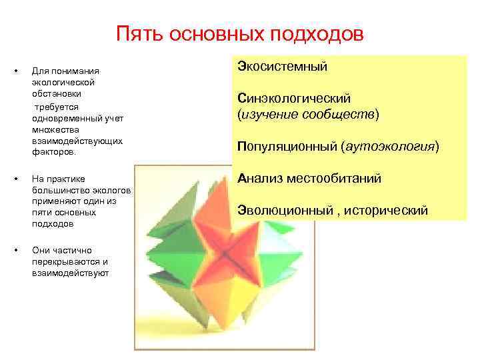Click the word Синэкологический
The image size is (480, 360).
(294, 99)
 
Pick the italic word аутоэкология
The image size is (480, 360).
(390, 146)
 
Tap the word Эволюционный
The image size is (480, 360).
(285, 210)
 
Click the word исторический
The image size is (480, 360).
(388, 210)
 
